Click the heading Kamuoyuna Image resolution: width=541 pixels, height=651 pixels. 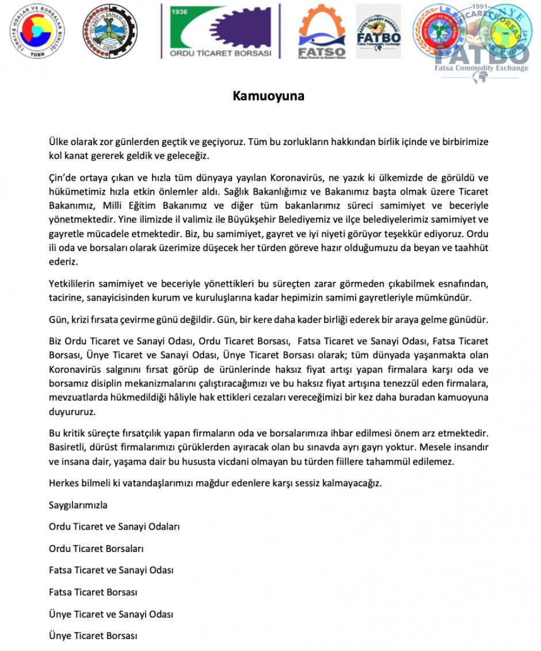(268, 96)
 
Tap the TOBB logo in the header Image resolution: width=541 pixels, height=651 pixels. (37, 31)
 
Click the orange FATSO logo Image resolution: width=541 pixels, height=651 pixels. (321, 32)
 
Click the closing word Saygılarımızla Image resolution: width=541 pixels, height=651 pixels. (78, 505)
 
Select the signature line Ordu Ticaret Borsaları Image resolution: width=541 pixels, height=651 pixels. (96, 549)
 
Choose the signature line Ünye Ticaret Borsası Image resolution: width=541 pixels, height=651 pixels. (93, 636)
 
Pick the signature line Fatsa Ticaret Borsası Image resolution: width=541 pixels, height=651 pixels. (93, 592)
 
